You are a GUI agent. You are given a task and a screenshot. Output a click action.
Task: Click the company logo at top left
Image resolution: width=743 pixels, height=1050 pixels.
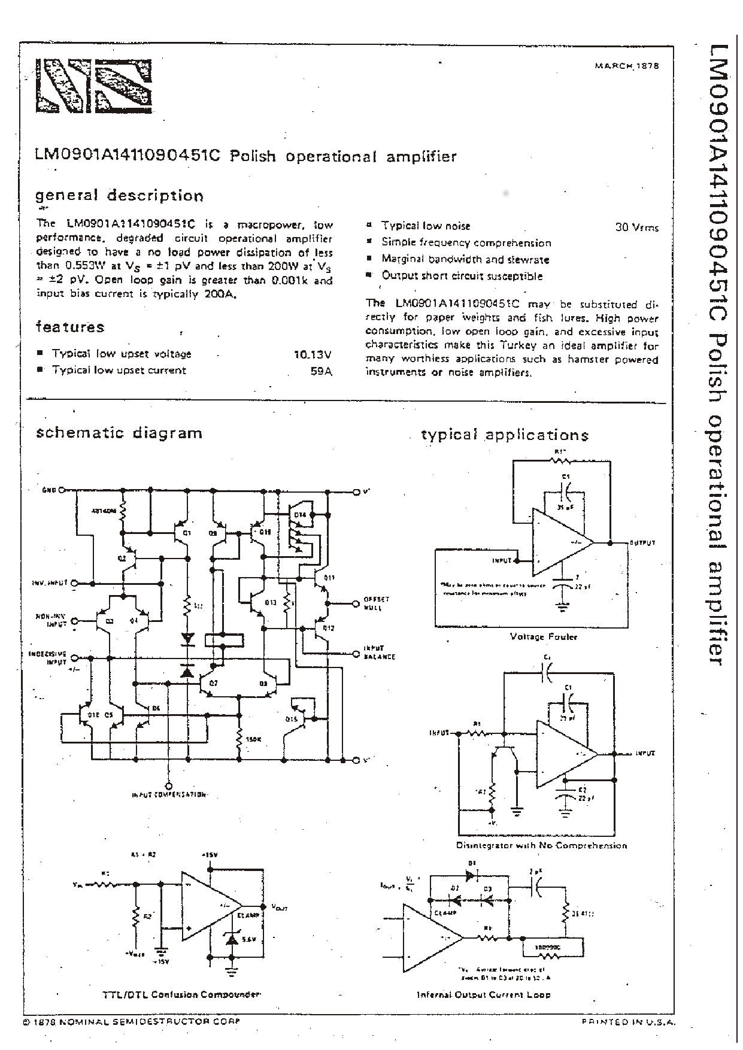(92, 86)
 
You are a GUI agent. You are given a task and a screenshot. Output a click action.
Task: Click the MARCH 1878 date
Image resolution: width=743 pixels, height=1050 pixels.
(626, 66)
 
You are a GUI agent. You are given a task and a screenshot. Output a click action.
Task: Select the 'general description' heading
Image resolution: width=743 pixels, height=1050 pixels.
(119, 196)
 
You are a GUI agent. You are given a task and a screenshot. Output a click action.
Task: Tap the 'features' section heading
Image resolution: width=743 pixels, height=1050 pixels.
(70, 327)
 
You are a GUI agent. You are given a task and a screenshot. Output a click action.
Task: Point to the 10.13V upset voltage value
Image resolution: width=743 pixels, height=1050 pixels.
(313, 354)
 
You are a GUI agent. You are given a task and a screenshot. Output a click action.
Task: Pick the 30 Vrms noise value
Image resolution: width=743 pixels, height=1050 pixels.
(636, 227)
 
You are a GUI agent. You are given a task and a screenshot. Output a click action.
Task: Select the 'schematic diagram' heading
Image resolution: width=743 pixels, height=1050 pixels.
(119, 433)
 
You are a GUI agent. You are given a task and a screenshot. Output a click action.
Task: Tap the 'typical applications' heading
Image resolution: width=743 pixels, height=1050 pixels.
(505, 435)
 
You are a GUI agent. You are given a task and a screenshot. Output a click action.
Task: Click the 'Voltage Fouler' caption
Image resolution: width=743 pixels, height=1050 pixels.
(543, 637)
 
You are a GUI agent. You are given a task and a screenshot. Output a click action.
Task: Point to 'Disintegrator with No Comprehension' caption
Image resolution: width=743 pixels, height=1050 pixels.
(541, 846)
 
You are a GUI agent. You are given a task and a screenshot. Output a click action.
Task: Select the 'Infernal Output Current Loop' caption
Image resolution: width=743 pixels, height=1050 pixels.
(483, 994)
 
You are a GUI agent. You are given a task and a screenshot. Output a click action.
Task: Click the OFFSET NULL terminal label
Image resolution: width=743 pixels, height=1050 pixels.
(376, 603)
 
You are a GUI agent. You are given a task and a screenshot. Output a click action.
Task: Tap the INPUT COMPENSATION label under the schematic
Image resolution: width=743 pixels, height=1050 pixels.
(169, 795)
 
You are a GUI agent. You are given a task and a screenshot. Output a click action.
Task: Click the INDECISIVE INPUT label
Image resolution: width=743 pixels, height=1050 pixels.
(47, 658)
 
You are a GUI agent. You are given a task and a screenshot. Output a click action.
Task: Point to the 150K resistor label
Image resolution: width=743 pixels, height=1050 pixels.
(253, 740)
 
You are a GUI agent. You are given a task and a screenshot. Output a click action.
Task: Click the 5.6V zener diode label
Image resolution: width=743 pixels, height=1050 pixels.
(249, 940)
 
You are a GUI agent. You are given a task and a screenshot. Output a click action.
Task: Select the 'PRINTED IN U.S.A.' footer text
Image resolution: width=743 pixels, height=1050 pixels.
(628, 1022)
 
